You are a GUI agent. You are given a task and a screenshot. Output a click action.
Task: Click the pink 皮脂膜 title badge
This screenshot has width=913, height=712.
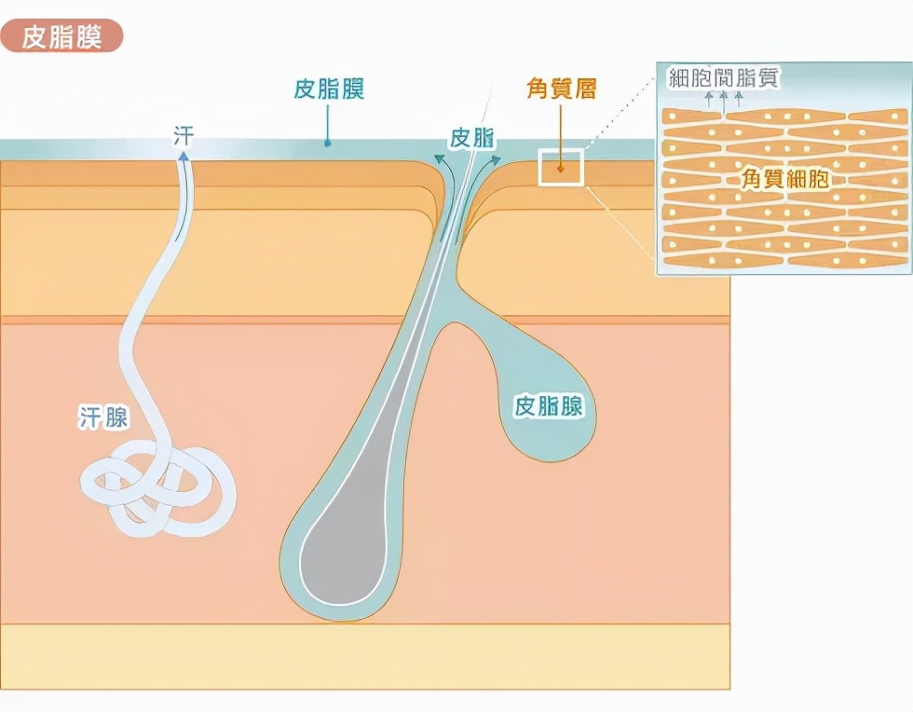(61, 37)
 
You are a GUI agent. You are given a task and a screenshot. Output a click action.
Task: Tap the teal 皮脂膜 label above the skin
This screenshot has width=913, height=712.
(328, 89)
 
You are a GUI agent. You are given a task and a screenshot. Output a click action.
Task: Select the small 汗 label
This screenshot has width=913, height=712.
(184, 133)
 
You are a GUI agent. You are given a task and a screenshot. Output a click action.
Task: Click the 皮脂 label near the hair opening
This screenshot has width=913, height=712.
(472, 138)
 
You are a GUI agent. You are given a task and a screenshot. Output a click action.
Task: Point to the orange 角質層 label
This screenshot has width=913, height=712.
(561, 89)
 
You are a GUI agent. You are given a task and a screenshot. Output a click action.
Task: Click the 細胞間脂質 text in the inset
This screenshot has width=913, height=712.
(723, 78)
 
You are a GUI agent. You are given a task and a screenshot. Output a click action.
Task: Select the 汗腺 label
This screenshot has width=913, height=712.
(103, 418)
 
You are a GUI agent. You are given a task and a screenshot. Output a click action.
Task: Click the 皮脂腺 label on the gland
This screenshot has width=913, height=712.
(549, 406)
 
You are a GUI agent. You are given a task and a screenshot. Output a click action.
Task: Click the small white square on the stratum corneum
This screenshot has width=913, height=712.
(560, 167)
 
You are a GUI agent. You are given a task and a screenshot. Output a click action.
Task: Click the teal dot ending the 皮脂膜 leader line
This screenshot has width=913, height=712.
(328, 144)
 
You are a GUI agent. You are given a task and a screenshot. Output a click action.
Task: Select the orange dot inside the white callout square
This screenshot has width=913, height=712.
(560, 169)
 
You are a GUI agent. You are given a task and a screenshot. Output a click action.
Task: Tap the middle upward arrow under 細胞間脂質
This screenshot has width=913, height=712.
(722, 98)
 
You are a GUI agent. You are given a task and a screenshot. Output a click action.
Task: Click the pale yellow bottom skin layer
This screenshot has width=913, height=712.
(363, 656)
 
